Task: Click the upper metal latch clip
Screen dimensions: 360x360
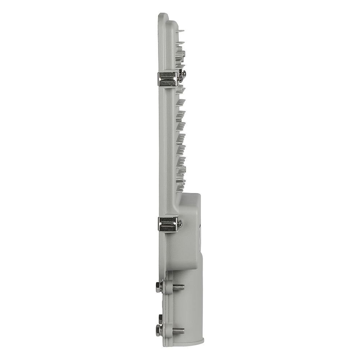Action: click(x=167, y=79)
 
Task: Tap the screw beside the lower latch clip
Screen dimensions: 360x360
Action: click(x=180, y=224)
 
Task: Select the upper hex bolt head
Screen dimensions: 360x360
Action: click(x=159, y=287)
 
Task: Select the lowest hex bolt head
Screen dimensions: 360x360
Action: click(x=159, y=330)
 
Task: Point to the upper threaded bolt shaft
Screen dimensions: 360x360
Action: click(x=178, y=287)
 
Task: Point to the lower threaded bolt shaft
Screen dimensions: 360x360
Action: click(x=178, y=330)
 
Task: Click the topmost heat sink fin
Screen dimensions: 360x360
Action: click(x=180, y=32)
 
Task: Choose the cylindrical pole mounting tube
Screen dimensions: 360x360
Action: click(x=191, y=302)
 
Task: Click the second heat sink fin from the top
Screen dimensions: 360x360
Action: click(x=180, y=44)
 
